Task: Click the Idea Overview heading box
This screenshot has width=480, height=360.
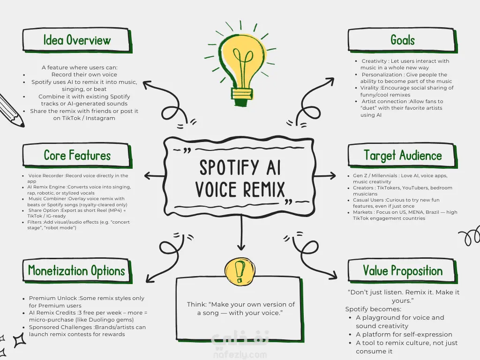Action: tap(76, 40)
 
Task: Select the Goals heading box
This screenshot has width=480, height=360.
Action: tap(402, 40)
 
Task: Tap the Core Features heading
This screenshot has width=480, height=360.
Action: tap(76, 156)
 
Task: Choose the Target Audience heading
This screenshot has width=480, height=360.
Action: tap(402, 156)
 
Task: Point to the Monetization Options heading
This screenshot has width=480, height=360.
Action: tap(76, 271)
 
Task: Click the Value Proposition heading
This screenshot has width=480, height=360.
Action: tap(402, 271)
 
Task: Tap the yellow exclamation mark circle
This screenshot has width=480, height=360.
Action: tap(240, 270)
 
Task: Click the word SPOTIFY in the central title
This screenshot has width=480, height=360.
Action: tap(229, 167)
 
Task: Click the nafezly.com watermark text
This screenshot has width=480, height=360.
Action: tap(240, 353)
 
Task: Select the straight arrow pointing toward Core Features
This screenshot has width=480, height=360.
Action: tap(154, 176)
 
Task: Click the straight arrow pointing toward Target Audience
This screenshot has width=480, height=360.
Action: tap(326, 176)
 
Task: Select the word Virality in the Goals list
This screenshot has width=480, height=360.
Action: tap(370, 88)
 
